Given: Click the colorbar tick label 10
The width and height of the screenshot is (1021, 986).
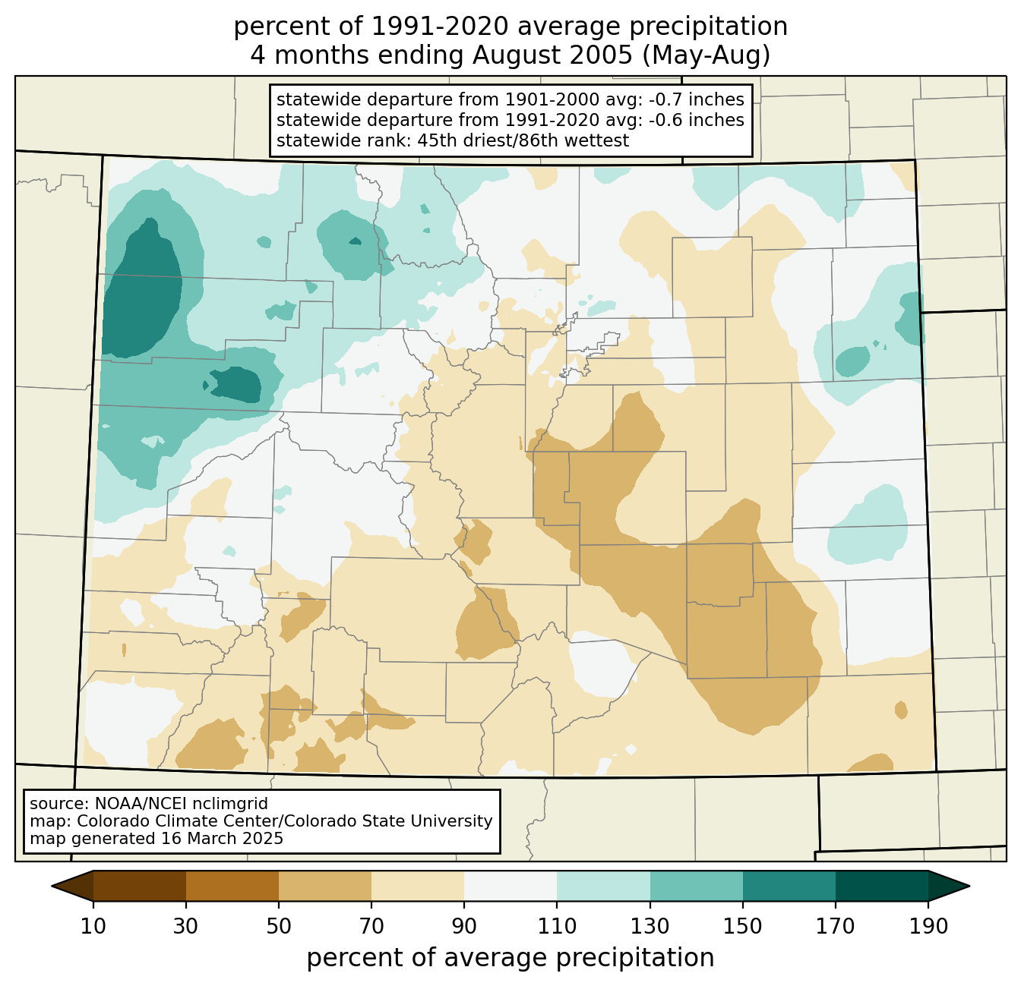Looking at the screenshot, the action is (93, 926).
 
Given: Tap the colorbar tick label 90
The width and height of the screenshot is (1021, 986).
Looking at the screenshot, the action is (464, 926).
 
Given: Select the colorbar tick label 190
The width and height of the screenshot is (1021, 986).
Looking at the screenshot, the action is (928, 926).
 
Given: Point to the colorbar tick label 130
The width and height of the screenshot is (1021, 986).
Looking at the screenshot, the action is (650, 926).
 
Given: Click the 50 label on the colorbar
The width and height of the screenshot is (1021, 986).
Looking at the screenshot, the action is (279, 926).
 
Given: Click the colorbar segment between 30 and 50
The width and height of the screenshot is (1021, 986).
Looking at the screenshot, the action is (232, 886).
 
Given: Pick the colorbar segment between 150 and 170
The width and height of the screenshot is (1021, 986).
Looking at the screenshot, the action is (789, 886).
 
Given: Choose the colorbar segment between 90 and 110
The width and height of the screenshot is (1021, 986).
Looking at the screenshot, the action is (510, 886).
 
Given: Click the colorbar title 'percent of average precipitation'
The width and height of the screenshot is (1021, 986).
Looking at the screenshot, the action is (510, 957).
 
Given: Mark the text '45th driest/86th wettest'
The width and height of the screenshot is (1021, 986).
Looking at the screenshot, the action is (523, 140).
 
